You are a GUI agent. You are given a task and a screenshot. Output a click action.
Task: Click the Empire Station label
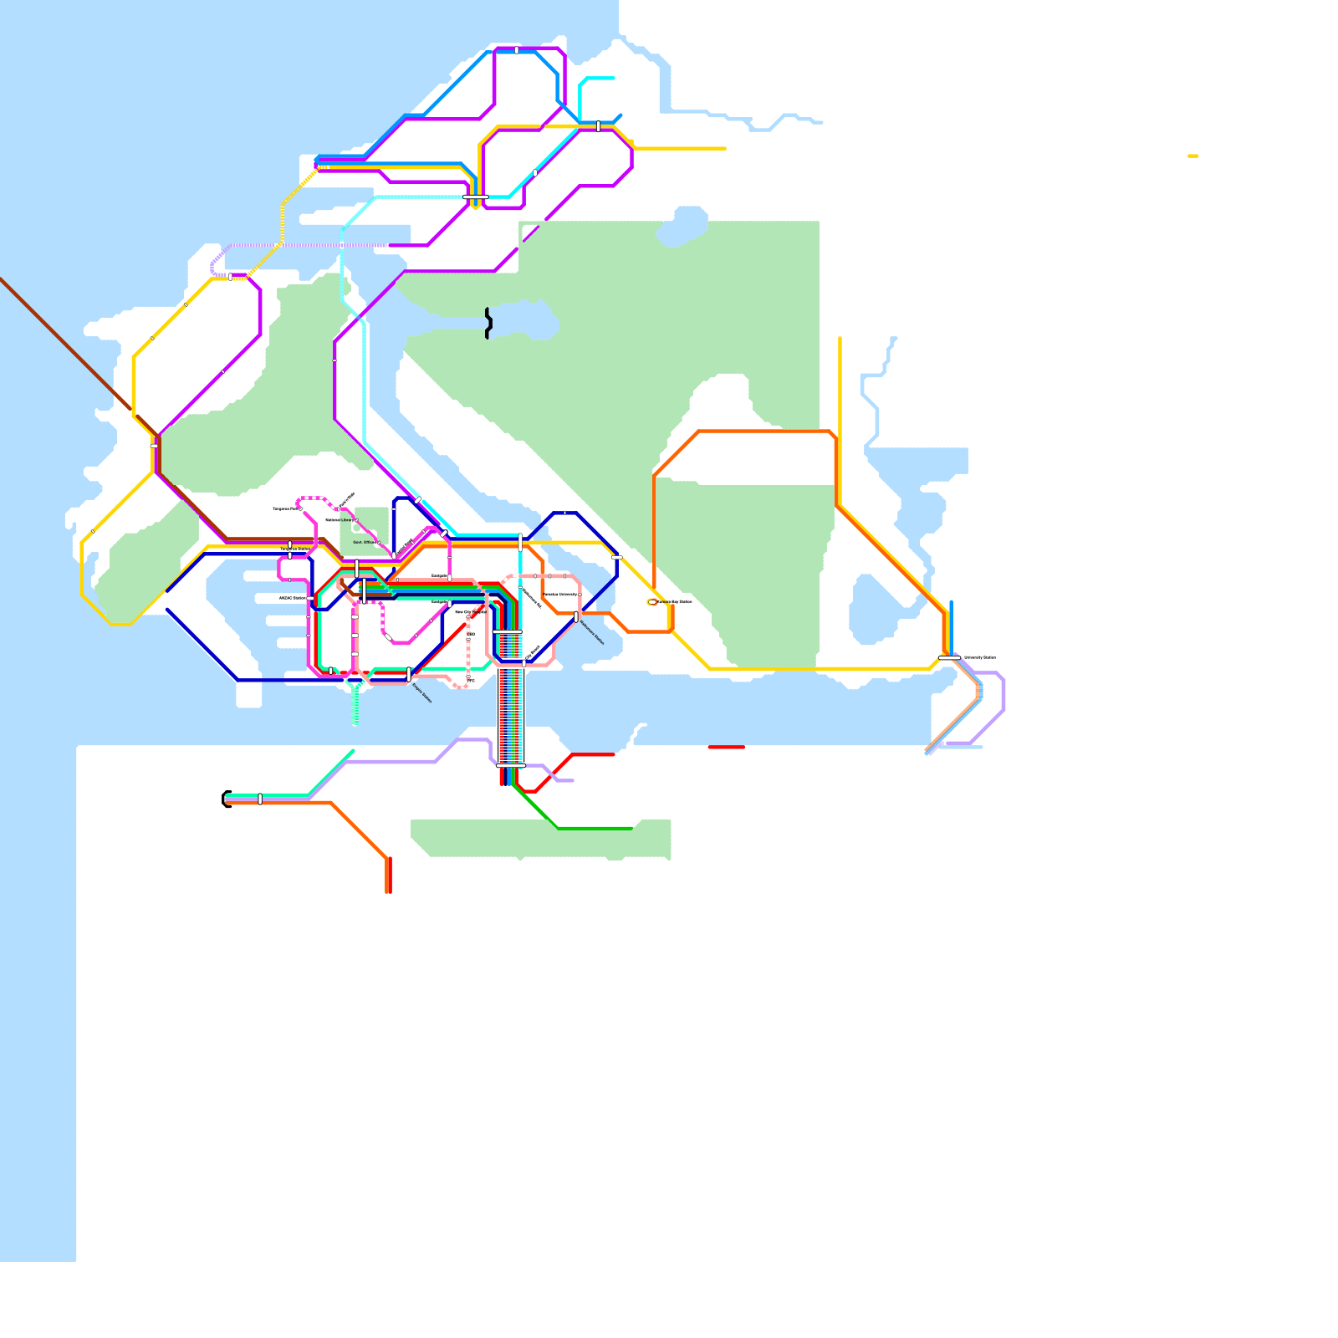pyautogui.click(x=422, y=693)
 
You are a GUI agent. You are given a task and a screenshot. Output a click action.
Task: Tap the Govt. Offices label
pyautogui.click(x=364, y=542)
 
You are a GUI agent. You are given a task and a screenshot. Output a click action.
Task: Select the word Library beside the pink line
pyautogui.click(x=346, y=520)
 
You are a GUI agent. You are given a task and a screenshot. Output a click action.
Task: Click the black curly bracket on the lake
pyautogui.click(x=488, y=323)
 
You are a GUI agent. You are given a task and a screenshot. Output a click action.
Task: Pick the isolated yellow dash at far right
pyautogui.click(x=1192, y=156)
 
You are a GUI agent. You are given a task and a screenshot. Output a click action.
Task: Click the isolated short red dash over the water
pyautogui.click(x=726, y=747)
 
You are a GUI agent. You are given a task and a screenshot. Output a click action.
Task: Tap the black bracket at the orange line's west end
pyautogui.click(x=226, y=799)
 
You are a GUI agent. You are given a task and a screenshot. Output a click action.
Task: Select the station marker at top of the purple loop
pyautogui.click(x=517, y=50)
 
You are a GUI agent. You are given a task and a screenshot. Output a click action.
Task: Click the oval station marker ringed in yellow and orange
pyautogui.click(x=652, y=602)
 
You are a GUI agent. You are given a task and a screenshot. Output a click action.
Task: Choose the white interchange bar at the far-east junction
pyautogui.click(x=949, y=658)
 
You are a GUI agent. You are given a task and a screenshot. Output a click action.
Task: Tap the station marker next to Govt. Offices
pyautogui.click(x=379, y=543)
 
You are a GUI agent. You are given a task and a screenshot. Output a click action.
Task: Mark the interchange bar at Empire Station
pyautogui.click(x=409, y=674)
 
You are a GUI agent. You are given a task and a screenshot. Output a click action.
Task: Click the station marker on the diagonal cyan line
pyautogui.click(x=535, y=173)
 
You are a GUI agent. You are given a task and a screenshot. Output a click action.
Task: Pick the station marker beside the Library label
pyautogui.click(x=356, y=520)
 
